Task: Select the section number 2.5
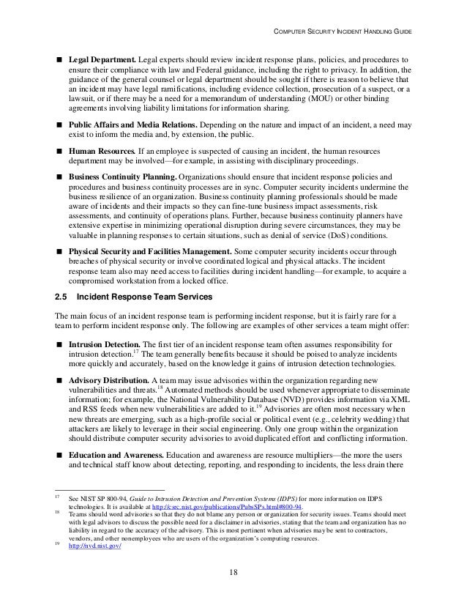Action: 62,297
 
